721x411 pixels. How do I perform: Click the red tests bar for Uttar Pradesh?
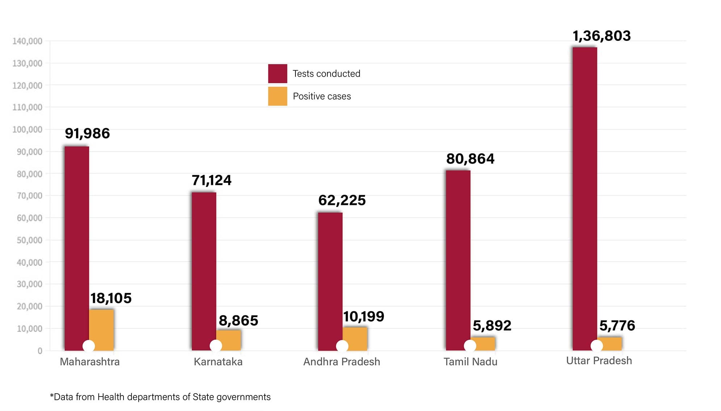pyautogui.click(x=584, y=196)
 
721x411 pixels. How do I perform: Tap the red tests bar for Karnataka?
pyautogui.click(x=204, y=268)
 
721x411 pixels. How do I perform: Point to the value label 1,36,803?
pyautogui.click(x=601, y=36)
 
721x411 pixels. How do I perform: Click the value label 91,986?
pyautogui.click(x=87, y=134)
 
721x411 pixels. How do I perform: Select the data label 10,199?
pyautogui.click(x=364, y=316)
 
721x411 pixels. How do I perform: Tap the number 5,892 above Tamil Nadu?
pyautogui.click(x=492, y=326)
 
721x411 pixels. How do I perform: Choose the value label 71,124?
pyautogui.click(x=211, y=180)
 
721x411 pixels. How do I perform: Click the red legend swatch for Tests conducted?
pyautogui.click(x=277, y=74)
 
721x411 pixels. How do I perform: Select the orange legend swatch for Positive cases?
pyautogui.click(x=277, y=96)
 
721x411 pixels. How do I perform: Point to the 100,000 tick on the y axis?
pyautogui.click(x=27, y=130)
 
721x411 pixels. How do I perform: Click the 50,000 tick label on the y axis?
pyautogui.click(x=29, y=240)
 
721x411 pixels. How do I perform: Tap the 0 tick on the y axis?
pyautogui.click(x=40, y=351)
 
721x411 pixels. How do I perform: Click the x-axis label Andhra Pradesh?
pyautogui.click(x=341, y=362)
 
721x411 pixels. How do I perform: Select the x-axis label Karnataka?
pyautogui.click(x=218, y=362)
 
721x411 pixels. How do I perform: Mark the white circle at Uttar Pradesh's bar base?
pyautogui.click(x=596, y=346)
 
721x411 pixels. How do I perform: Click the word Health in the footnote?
pyautogui.click(x=111, y=397)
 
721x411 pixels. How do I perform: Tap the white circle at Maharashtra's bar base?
pyautogui.click(x=89, y=346)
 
